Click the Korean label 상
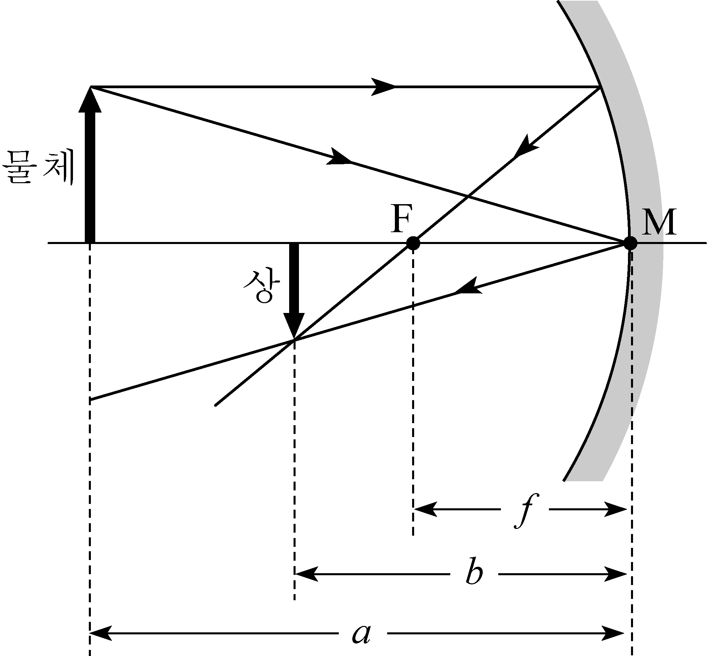pos(261,287)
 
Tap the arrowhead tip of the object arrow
pos(90,87)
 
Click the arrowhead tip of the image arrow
pos(294,339)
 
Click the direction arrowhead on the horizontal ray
pos(383,87)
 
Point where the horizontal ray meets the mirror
pos(600,87)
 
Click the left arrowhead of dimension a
pos(101,633)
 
